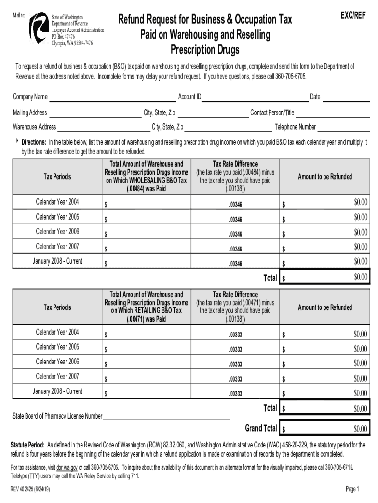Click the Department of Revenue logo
coord(38,28)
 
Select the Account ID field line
coord(255,98)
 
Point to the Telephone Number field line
coord(343,128)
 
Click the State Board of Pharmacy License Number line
coord(166,417)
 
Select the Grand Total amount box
coord(325,429)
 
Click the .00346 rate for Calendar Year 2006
coord(235,234)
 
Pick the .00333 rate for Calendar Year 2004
coord(235,335)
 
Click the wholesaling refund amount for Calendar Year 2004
coord(325,202)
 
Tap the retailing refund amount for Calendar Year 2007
coord(325,379)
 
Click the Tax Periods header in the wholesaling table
coord(57,177)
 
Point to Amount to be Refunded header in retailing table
coord(325,307)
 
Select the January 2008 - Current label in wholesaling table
coord(57,261)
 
